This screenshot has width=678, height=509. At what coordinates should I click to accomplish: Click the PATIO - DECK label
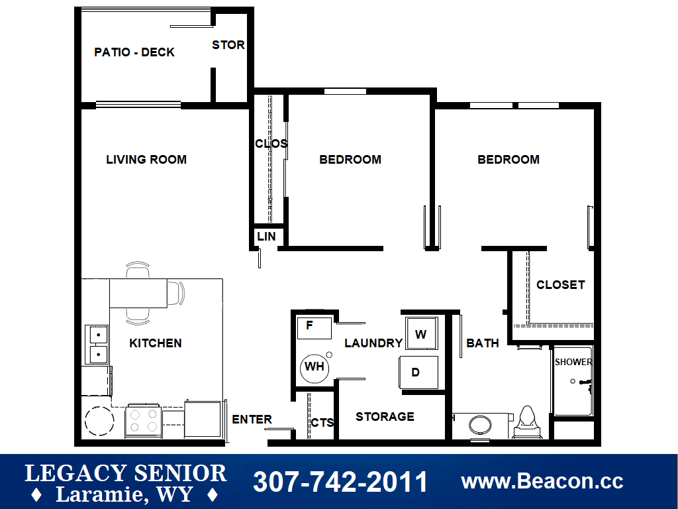[134, 52]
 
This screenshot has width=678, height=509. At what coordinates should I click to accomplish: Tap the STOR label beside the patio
[228, 45]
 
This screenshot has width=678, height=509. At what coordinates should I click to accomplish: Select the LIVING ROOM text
[146, 160]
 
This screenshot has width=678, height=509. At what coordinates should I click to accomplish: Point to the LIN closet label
[266, 237]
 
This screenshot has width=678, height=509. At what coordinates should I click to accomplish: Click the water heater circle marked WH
[315, 368]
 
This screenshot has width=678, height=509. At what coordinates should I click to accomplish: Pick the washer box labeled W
[422, 333]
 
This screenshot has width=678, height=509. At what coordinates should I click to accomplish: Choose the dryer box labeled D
[418, 372]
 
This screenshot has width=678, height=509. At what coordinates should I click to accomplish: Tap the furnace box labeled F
[315, 328]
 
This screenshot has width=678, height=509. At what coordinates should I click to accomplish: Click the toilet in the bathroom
[527, 422]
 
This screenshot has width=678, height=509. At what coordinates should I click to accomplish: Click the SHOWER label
[573, 362]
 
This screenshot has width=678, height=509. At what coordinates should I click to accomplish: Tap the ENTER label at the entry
[252, 420]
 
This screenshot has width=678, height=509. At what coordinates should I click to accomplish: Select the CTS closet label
[322, 423]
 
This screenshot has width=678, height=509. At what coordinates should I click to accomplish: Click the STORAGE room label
[385, 417]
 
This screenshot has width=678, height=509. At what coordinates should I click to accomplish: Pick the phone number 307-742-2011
[341, 482]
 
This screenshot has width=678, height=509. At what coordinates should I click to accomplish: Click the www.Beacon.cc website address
[543, 481]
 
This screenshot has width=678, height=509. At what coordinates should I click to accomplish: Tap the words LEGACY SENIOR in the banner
[126, 473]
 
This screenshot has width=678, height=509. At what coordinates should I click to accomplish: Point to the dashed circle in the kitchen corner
[99, 421]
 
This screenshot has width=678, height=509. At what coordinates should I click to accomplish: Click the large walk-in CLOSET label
[561, 285]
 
